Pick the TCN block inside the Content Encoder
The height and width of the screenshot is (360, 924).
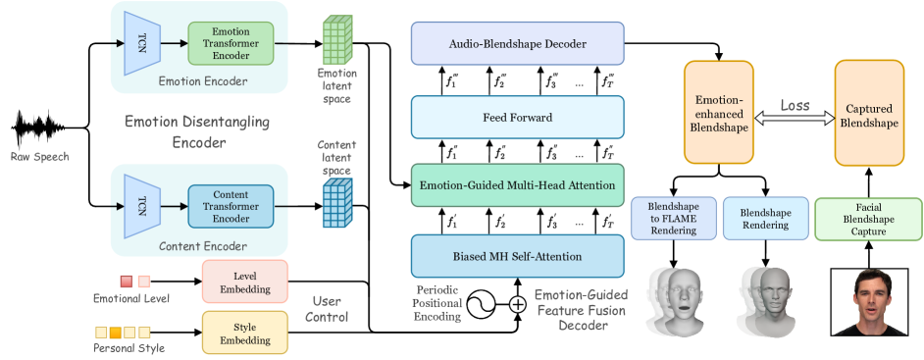[x=141, y=206]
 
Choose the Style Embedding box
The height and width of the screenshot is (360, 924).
[x=244, y=332]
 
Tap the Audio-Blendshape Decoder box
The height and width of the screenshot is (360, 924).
[x=518, y=44]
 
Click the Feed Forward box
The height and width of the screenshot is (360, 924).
[x=518, y=117]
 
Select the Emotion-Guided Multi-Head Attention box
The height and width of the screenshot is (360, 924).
[x=518, y=184]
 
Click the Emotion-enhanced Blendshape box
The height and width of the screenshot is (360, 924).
[x=720, y=113]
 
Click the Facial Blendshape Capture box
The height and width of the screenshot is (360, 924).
[x=869, y=219]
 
